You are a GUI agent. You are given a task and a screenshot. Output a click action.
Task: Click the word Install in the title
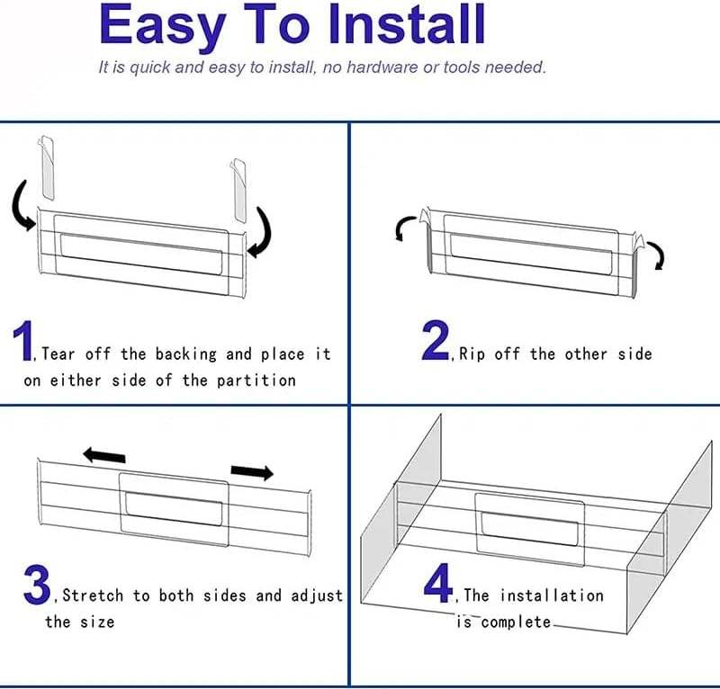pyautogui.click(x=408, y=24)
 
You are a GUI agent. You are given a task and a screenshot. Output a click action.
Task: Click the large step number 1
pyautogui.click(x=23, y=341)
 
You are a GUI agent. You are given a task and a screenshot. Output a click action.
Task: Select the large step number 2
pyautogui.click(x=436, y=340)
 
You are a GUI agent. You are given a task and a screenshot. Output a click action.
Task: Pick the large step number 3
pyautogui.click(x=37, y=586)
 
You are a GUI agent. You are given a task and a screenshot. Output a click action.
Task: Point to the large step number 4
pyautogui.click(x=438, y=583)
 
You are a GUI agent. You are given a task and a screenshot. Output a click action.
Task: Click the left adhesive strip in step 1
pyautogui.click(x=47, y=167)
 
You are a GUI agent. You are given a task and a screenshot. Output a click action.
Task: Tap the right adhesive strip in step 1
pyautogui.click(x=238, y=190)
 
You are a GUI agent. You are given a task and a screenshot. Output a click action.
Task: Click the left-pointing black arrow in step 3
pyautogui.click(x=103, y=455)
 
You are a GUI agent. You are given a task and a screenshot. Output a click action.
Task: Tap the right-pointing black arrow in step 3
pyautogui.click(x=252, y=471)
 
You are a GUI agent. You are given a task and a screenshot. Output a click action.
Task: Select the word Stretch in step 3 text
pyautogui.click(x=93, y=595)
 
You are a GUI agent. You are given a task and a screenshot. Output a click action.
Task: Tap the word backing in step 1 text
pyautogui.click(x=185, y=354)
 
